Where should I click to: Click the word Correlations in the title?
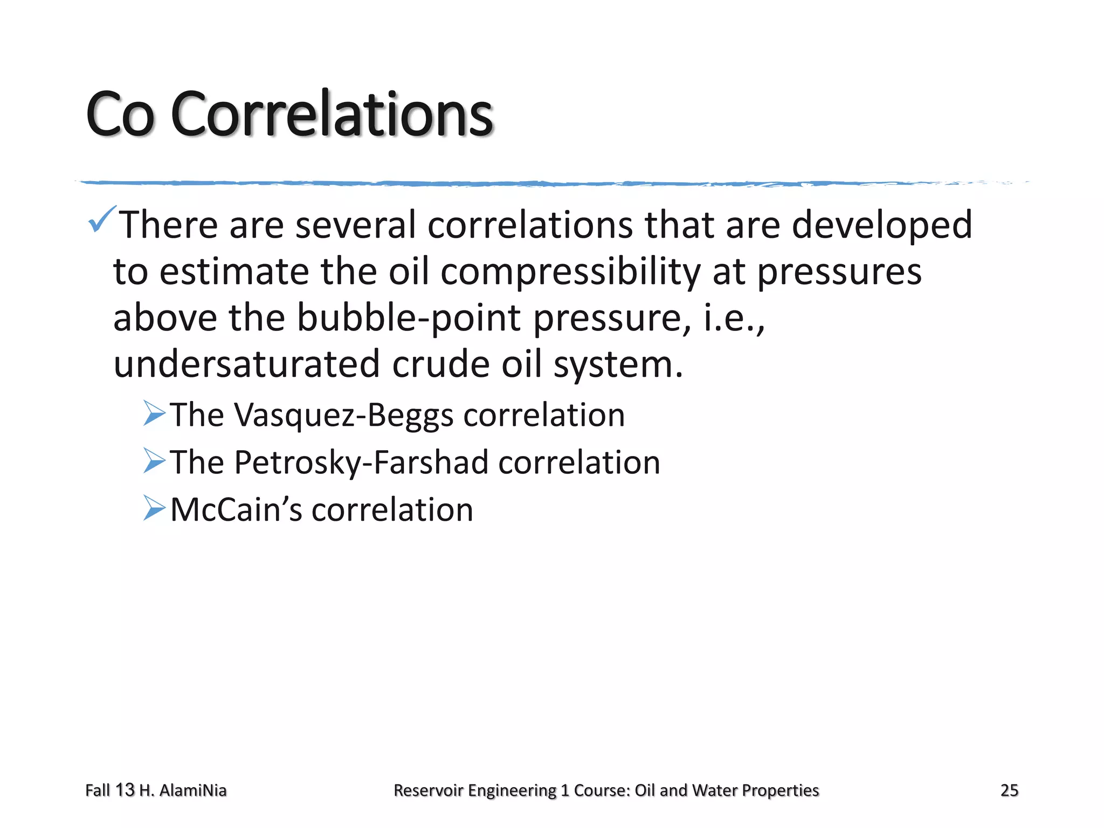pos(332,114)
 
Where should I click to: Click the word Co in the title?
pos(120,114)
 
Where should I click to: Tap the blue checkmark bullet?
pos(101,219)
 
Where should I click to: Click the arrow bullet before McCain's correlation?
pos(154,508)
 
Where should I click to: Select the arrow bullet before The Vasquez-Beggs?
pos(154,414)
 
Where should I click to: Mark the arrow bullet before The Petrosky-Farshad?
pos(154,461)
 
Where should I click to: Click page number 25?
pos(1009,790)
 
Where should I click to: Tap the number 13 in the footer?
pos(125,790)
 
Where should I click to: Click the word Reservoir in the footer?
pos(429,790)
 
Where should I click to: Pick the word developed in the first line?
pos(882,225)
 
